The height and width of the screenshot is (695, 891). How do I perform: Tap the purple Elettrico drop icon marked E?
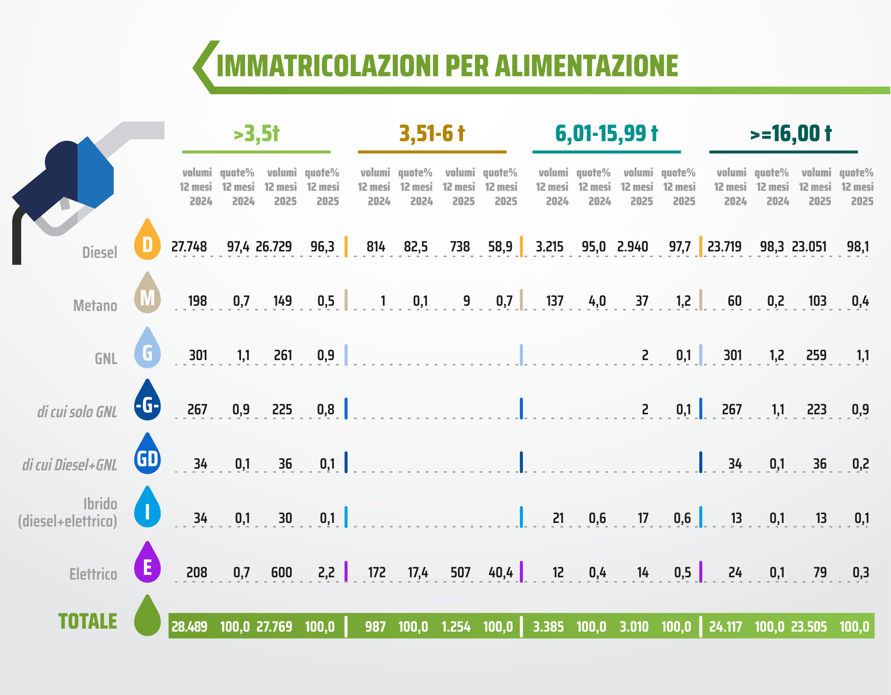click(x=147, y=564)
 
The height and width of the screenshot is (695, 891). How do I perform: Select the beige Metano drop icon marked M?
click(x=147, y=295)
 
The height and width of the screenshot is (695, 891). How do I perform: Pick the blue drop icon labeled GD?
click(x=147, y=456)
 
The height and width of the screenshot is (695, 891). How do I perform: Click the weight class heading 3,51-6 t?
click(x=432, y=134)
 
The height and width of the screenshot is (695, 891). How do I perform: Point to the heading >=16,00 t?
click(x=791, y=134)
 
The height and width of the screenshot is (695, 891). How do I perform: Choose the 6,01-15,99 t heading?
click(x=606, y=134)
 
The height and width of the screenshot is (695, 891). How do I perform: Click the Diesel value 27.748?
click(x=189, y=246)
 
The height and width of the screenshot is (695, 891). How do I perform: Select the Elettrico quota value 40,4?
click(x=501, y=573)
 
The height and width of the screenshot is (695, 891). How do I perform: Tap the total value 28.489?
click(x=189, y=626)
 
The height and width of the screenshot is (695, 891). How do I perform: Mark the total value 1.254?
click(x=456, y=626)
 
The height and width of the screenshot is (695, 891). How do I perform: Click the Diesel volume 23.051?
click(x=809, y=246)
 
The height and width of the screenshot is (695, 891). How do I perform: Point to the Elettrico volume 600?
click(x=282, y=573)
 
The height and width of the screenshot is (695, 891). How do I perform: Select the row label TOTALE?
click(x=88, y=621)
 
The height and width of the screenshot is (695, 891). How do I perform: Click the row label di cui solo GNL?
click(x=77, y=412)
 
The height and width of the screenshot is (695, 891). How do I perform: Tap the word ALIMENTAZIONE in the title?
click(x=586, y=66)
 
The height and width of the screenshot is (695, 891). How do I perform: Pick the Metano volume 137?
click(x=555, y=301)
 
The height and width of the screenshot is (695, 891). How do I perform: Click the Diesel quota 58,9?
click(x=500, y=246)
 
